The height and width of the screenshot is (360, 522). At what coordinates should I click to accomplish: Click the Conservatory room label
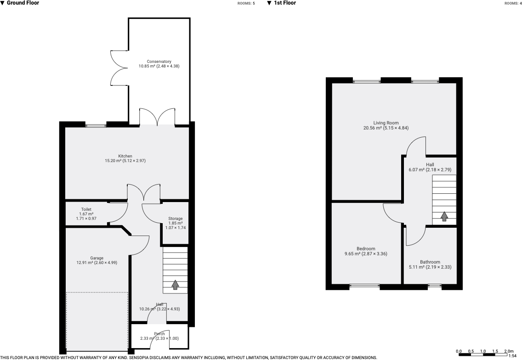click(x=159, y=62)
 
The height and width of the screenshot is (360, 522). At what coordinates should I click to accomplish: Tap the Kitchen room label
click(x=125, y=156)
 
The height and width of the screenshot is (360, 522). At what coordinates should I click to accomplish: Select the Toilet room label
click(x=86, y=209)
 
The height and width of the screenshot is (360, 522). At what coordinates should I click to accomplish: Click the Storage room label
click(x=175, y=219)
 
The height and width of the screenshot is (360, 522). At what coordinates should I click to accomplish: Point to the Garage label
click(x=96, y=258)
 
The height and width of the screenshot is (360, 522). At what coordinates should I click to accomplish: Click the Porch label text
click(x=159, y=334)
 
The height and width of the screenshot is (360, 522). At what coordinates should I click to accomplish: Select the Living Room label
click(x=386, y=123)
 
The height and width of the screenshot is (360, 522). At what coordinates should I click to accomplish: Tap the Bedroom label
click(x=366, y=249)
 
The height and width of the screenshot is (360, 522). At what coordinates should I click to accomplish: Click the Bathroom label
click(x=430, y=262)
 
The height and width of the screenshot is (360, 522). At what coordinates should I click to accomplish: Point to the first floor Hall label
click(x=430, y=165)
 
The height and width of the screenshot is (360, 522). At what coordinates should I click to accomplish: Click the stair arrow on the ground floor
click(x=175, y=285)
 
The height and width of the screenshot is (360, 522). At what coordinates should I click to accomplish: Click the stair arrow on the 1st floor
click(x=444, y=216)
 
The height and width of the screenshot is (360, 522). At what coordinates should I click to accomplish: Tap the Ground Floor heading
click(x=23, y=3)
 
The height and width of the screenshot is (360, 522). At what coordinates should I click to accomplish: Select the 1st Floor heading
click(x=285, y=3)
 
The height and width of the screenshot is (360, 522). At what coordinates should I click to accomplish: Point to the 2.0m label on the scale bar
click(x=509, y=351)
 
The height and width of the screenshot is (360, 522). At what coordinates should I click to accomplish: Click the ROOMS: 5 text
click(x=246, y=3)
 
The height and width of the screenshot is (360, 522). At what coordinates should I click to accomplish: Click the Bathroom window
click(x=434, y=287)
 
